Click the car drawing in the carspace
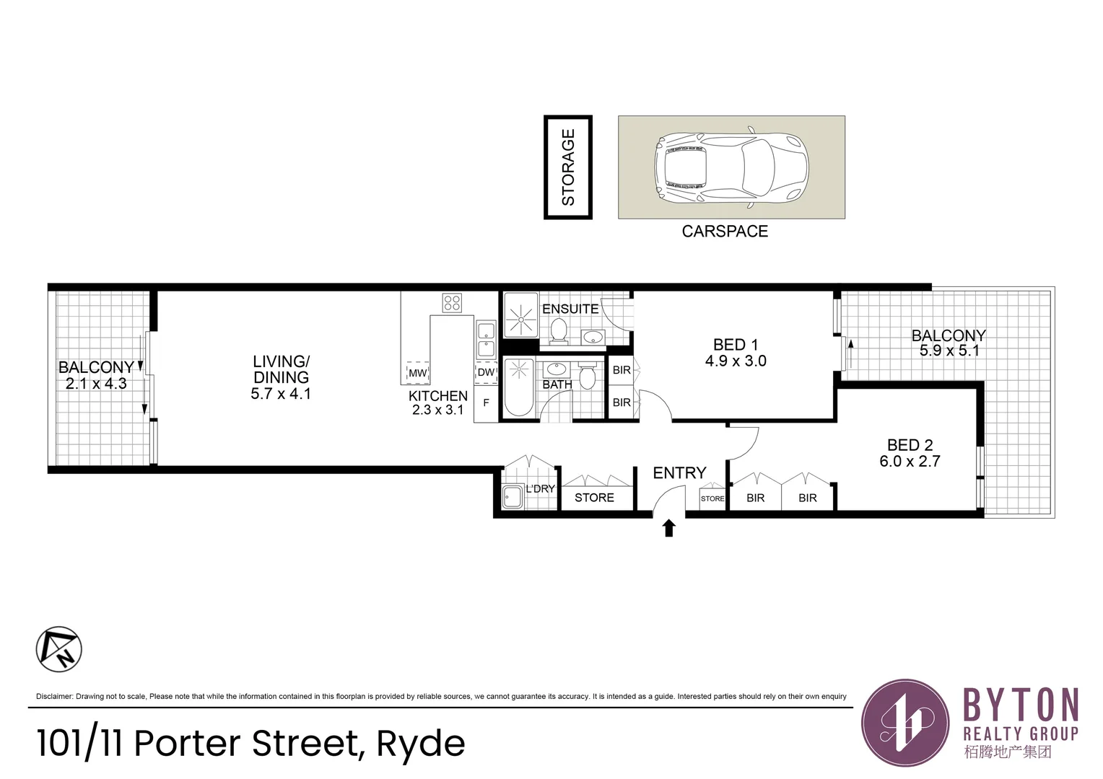click(731, 168)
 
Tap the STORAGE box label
click(568, 167)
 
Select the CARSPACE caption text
click(725, 232)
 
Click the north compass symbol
click(59, 649)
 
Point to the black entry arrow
click(669, 529)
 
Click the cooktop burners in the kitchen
click(453, 303)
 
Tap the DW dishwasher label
click(486, 372)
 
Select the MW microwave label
click(418, 373)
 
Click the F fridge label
click(486, 403)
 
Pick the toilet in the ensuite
click(559, 331)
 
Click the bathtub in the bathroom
click(518, 388)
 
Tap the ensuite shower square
click(520, 316)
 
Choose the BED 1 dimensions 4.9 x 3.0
click(736, 361)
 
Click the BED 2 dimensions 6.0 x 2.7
click(910, 462)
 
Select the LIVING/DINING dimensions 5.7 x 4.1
click(281, 394)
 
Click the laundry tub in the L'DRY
click(513, 496)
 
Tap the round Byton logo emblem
click(906, 722)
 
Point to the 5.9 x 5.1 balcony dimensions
click(949, 351)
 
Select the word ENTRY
click(679, 473)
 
